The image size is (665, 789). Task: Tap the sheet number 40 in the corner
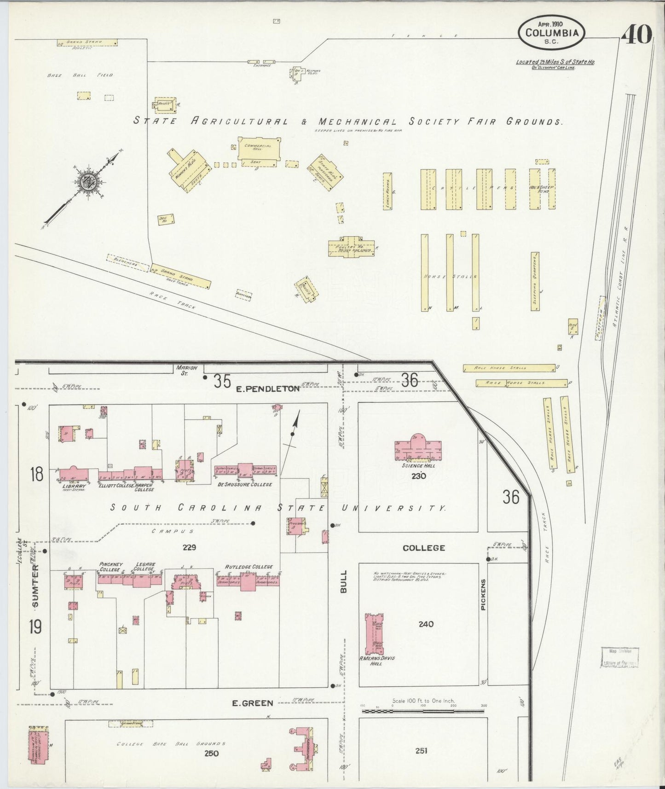point(638,35)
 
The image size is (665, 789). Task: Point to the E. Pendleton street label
point(268,389)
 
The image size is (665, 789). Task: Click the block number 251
point(421,751)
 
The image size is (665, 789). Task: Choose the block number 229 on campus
point(189,547)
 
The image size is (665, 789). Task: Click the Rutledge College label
point(249,567)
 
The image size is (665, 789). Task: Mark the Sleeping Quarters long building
point(535,281)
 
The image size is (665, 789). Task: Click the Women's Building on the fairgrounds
point(187,170)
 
